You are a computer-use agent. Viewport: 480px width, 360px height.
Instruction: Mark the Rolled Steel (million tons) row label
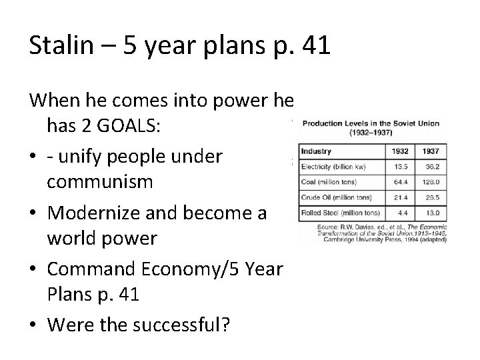coord(341,213)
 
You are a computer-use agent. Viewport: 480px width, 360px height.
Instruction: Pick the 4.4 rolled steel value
coord(403,213)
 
